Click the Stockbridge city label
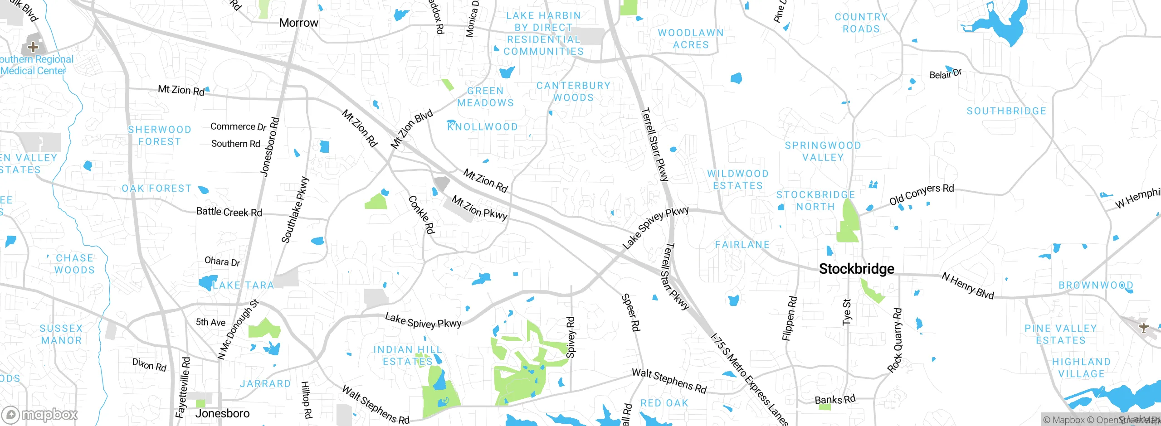pos(856,269)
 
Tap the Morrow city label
pos(298,23)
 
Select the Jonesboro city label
pos(222,413)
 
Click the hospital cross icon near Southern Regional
pos(33,47)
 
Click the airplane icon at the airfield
pos(1143,327)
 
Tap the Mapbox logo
pos(39,414)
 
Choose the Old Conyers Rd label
pos(921,194)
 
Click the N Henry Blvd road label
pos(967,286)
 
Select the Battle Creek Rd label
pos(229,212)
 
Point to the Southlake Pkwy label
pos(295,210)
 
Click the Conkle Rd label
pos(421,214)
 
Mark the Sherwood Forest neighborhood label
pos(159,136)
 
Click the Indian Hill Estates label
pos(407,355)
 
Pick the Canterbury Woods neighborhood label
pos(573,92)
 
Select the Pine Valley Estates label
pos(1060,334)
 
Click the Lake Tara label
pos(243,285)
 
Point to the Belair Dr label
pos(945,74)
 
